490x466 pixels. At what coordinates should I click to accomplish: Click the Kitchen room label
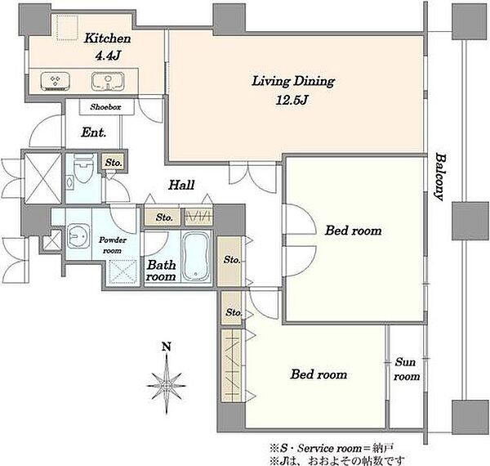pos(107,38)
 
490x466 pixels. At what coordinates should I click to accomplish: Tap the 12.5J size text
pos(292,100)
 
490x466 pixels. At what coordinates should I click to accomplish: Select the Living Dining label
pos(293,81)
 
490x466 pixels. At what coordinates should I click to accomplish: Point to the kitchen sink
pos(108,81)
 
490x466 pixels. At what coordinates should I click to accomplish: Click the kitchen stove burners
pos(56,81)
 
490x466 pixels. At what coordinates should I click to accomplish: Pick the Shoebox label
pos(105,107)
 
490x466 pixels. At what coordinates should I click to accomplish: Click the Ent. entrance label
pos(93,132)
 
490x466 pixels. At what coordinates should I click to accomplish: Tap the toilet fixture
pos(83,168)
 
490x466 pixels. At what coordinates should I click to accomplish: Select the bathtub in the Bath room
pos(196,256)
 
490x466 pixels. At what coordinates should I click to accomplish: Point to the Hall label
pos(181,185)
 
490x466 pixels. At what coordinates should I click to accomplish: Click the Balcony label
pos(440,177)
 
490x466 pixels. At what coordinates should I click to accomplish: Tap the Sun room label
pos(406,369)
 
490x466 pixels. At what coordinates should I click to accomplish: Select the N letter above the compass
pos(167,347)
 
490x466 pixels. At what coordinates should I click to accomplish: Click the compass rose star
pos(167,386)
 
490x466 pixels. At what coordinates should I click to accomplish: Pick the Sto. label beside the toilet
pos(114,163)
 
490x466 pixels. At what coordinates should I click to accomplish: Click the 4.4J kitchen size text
pos(108,56)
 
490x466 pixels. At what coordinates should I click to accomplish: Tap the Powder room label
pos(113,245)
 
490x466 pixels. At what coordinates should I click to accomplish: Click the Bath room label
pos(161,271)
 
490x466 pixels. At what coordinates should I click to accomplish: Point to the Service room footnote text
pos(332,448)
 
